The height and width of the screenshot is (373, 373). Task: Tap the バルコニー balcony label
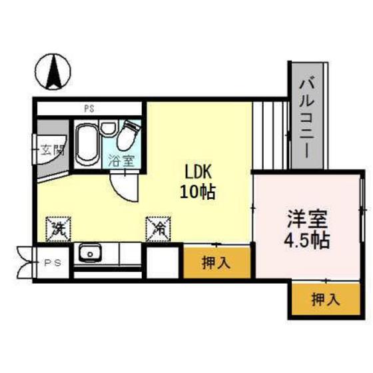coord(307,116)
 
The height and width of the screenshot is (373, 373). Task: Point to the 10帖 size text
coord(197,193)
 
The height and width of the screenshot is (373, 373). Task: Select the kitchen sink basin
coord(89,253)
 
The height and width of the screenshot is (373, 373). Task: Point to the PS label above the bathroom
coord(88,108)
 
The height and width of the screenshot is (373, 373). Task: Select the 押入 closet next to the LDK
coord(216,262)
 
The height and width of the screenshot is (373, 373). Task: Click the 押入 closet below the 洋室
coord(325,300)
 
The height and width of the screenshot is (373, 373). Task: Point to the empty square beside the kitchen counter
coord(163,262)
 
